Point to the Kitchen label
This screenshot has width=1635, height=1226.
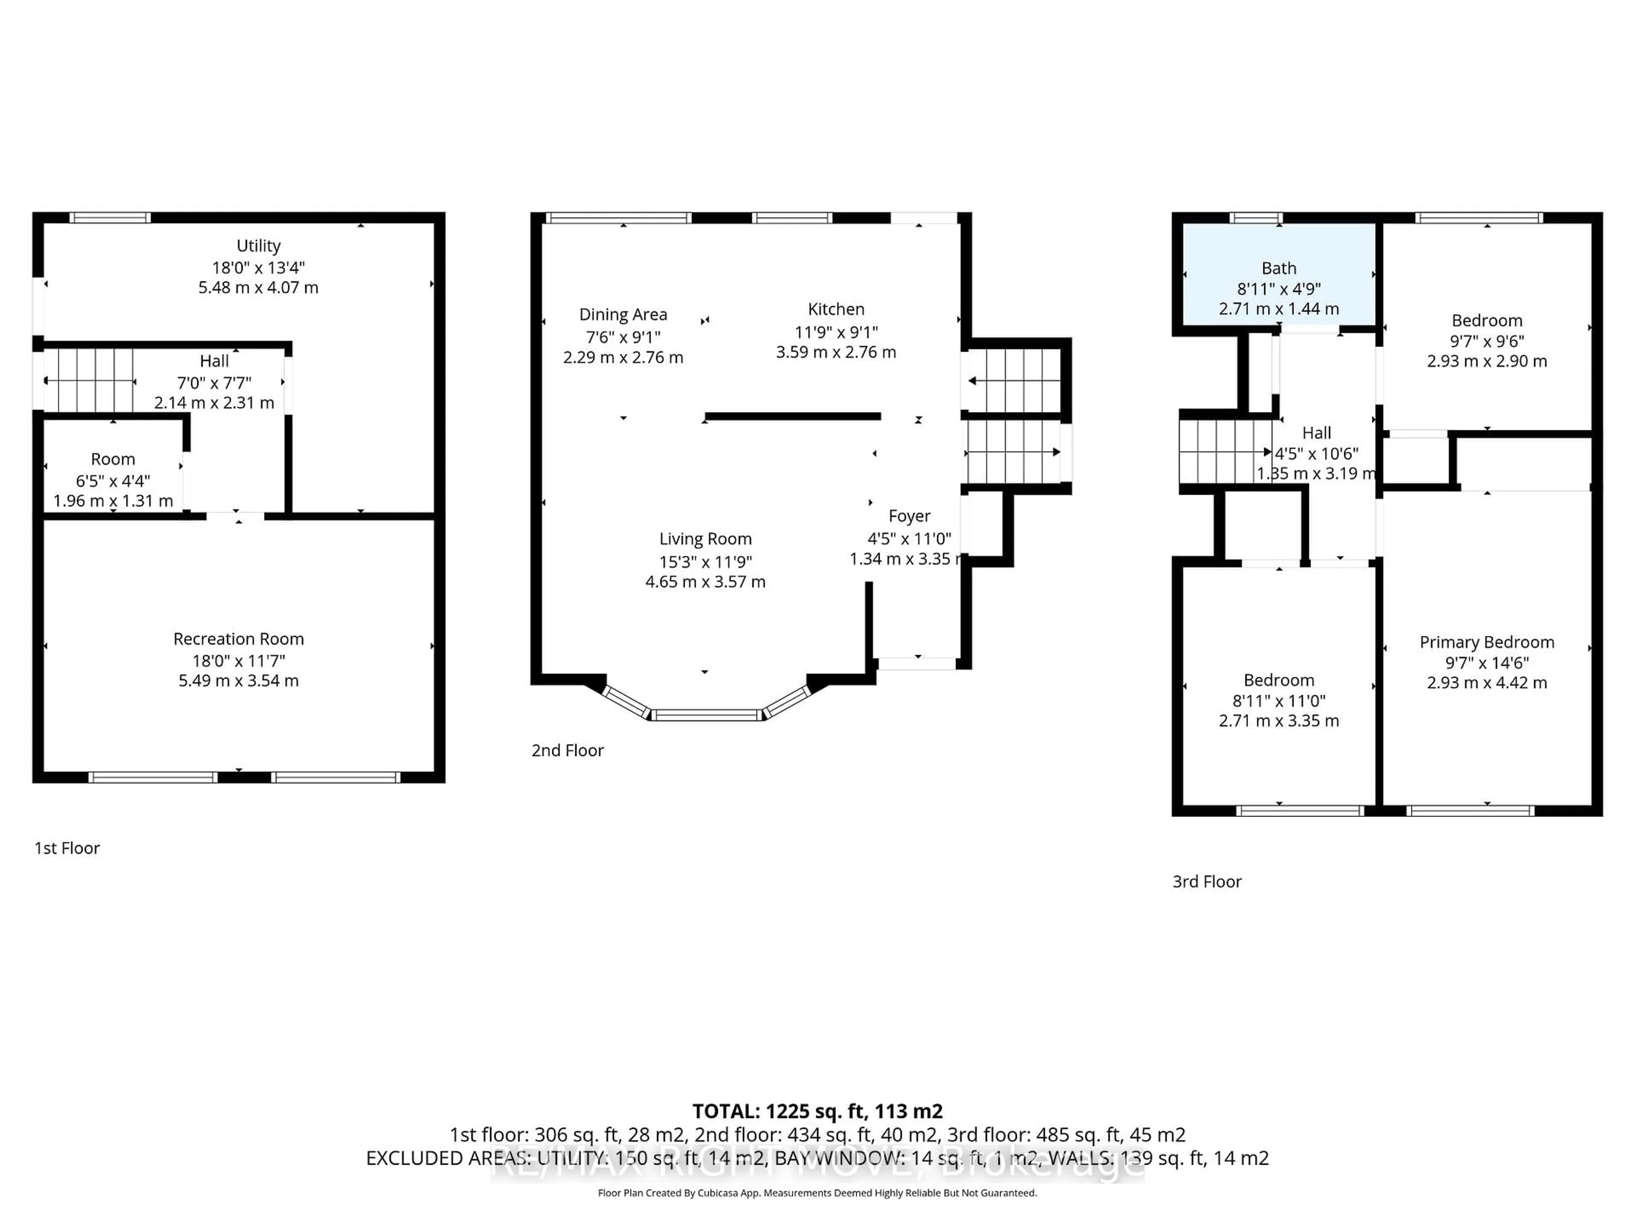[x=835, y=309]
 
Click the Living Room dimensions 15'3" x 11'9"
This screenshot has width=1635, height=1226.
[x=705, y=561]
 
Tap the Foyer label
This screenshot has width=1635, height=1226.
[x=909, y=516]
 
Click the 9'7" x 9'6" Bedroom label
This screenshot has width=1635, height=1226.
[x=1486, y=321]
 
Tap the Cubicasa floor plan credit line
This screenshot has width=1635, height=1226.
[x=817, y=1193]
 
